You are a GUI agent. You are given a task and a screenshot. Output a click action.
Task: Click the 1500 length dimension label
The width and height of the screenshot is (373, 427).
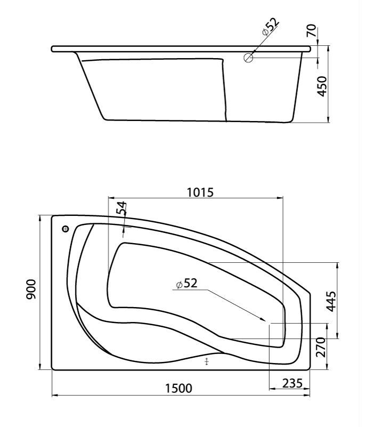coord(179,388)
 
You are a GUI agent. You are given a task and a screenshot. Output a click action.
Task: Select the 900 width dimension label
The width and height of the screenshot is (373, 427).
coord(31,289)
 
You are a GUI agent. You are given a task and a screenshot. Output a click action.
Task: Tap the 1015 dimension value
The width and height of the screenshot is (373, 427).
coord(200,192)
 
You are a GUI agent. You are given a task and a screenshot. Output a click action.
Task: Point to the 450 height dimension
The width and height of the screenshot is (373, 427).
coord(322,86)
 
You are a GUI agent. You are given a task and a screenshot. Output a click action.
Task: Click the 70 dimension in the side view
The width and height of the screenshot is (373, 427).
coord(312,30)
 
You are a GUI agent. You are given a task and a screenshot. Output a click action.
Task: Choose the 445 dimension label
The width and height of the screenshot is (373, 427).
coord(331,301)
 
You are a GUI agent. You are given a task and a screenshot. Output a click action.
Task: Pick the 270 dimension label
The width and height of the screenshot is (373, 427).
coord(321,347)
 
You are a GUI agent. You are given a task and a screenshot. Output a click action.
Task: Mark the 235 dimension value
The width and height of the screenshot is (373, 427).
coord(293,383)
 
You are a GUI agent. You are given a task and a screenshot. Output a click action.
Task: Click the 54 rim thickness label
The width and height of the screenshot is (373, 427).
coord(121,208)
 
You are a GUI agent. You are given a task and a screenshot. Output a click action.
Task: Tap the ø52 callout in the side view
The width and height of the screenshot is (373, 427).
coord(270,26)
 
